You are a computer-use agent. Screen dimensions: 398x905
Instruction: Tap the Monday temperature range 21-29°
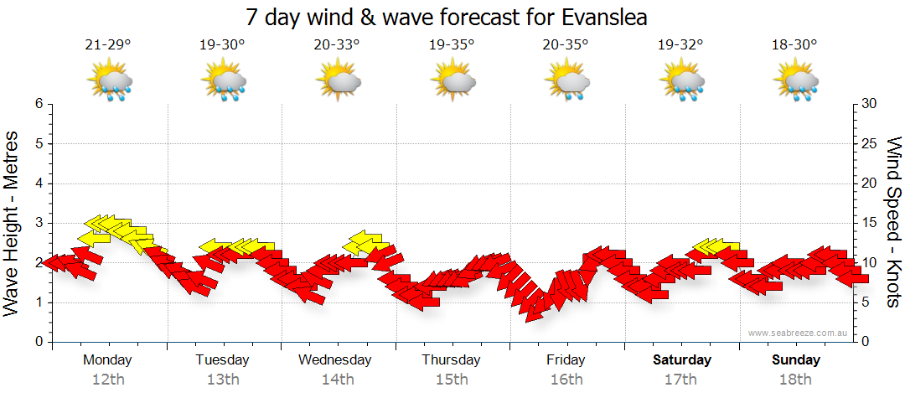108,45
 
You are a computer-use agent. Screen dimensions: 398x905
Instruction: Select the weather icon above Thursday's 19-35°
452,81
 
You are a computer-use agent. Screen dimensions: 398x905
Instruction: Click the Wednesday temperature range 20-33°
338,45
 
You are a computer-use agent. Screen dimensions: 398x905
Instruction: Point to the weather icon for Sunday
796,81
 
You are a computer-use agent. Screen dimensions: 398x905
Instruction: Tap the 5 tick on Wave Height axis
38,143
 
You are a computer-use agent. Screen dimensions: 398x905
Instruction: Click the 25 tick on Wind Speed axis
870,143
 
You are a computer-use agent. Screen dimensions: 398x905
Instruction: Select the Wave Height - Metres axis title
13,223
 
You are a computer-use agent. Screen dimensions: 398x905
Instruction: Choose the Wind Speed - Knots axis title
893,223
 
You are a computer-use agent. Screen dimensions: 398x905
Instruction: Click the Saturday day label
682,360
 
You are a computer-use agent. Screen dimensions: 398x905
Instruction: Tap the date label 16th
566,380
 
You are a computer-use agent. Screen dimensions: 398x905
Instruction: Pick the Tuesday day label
222,360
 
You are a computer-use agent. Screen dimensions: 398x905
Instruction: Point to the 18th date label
796,380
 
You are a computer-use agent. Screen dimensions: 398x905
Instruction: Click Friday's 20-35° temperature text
566,45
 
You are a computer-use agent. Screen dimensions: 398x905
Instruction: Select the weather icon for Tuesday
223,81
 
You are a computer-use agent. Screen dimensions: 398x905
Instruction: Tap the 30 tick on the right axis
870,104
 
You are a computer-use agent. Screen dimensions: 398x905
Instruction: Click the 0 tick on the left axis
38,342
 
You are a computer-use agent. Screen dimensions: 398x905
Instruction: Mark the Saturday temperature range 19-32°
681,45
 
